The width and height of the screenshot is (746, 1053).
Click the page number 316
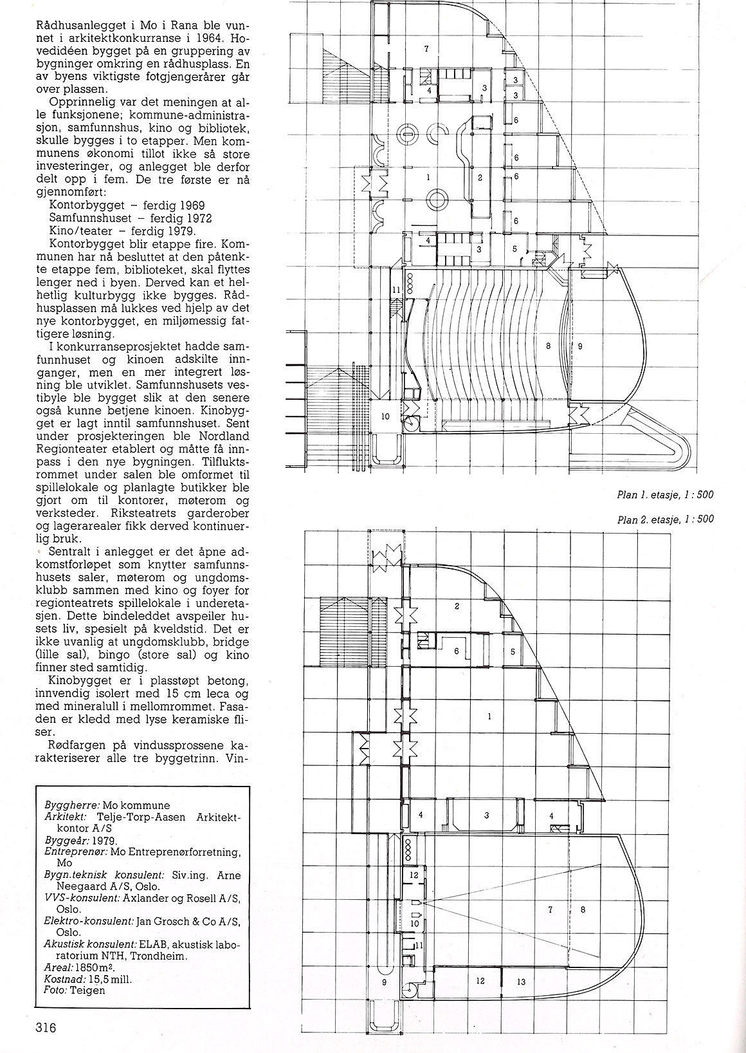point(46,1028)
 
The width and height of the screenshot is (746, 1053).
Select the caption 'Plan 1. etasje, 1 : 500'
point(664,495)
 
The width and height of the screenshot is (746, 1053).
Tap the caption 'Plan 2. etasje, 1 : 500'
point(664,520)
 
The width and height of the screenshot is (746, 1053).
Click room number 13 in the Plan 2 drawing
point(520,982)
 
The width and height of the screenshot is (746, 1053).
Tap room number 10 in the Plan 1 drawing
point(385,416)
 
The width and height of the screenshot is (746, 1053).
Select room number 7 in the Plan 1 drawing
point(426,49)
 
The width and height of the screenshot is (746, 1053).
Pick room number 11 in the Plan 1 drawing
point(396,290)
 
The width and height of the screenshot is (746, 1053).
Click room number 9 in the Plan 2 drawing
point(384,982)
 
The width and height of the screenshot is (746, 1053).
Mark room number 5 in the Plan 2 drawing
point(512,651)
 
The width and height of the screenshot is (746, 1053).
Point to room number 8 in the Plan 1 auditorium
point(548,346)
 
